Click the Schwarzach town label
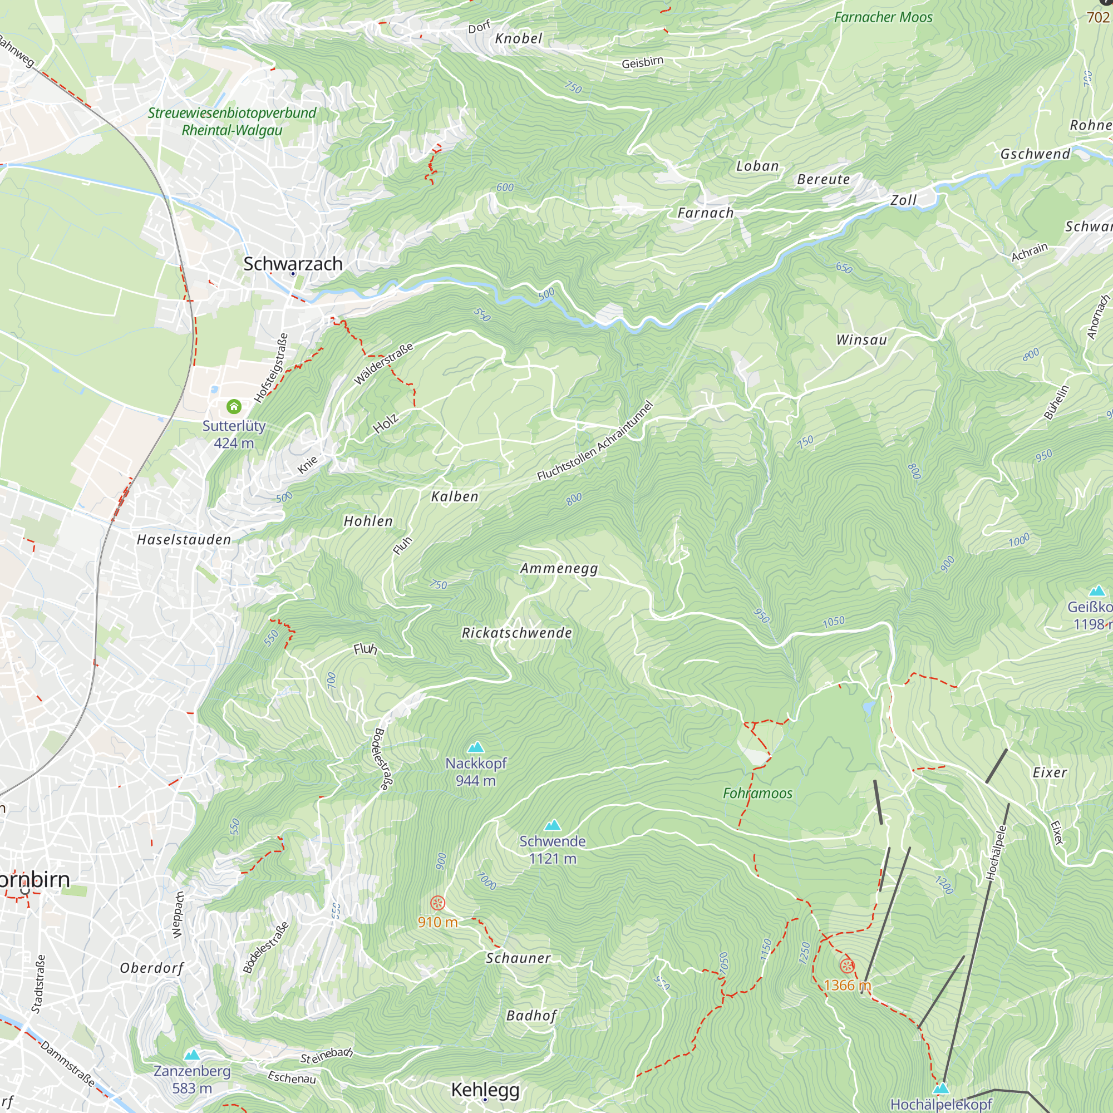[x=293, y=264]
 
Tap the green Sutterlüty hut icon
[x=234, y=407]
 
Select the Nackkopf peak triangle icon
[x=475, y=748]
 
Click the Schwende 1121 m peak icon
[x=553, y=825]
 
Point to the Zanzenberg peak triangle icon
[x=192, y=1055]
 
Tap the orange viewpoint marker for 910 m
[x=438, y=903]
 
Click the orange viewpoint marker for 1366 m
[x=846, y=966]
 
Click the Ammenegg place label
[x=559, y=569]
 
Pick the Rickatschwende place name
[x=517, y=633]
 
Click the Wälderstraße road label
[x=383, y=364]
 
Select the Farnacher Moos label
[x=883, y=17]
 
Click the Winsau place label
[x=861, y=340]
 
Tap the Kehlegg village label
[x=485, y=1090]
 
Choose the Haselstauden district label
[x=184, y=540]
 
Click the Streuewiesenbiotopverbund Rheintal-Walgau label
[x=232, y=121]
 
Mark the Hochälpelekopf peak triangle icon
[x=940, y=1088]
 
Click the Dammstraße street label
[x=68, y=1063]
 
